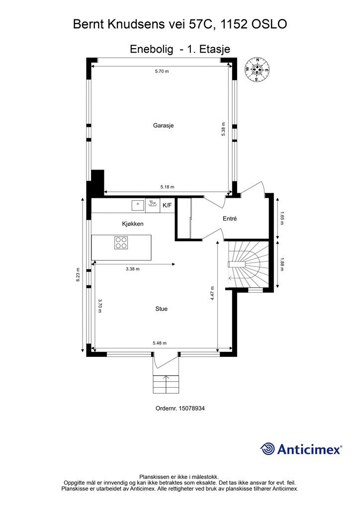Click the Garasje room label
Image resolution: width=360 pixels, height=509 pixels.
(x=163, y=125)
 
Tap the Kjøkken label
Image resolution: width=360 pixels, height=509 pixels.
(x=132, y=224)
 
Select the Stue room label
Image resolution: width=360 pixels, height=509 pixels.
(x=161, y=309)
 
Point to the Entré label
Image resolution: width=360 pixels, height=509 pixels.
(x=230, y=219)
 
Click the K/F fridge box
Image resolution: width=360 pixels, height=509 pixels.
(x=167, y=205)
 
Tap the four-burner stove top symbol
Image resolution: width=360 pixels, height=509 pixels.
(x=121, y=243)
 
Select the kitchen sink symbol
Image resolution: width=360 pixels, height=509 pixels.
(x=138, y=205)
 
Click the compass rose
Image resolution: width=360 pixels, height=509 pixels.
(x=257, y=69)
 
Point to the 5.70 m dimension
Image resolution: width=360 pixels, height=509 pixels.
(x=162, y=71)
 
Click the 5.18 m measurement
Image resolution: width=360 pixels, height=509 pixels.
(x=167, y=187)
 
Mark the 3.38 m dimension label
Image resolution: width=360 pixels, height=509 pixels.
(x=132, y=269)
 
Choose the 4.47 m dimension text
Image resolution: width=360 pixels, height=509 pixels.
(x=212, y=293)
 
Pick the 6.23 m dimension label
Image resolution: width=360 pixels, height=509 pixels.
(x=78, y=274)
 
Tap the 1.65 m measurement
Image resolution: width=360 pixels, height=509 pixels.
(x=282, y=219)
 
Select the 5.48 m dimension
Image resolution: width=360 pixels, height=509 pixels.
(x=160, y=343)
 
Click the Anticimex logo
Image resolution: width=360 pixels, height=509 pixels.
(x=301, y=449)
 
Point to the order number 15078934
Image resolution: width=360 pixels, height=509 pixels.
(x=180, y=409)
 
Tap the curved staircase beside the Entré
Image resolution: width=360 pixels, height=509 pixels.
(x=248, y=264)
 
